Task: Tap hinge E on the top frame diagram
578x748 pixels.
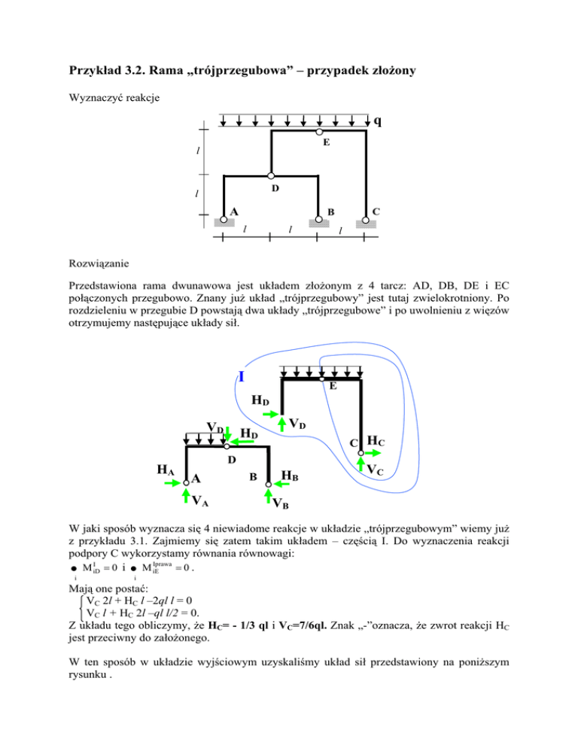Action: tap(320, 132)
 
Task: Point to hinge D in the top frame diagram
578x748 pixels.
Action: tap(270, 176)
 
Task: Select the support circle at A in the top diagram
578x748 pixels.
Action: tap(224, 219)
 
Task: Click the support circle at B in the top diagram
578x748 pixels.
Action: tap(318, 219)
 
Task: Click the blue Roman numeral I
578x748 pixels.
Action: tap(240, 376)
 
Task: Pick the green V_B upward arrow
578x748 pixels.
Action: tap(269, 494)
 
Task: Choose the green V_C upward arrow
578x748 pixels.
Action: tap(360, 464)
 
